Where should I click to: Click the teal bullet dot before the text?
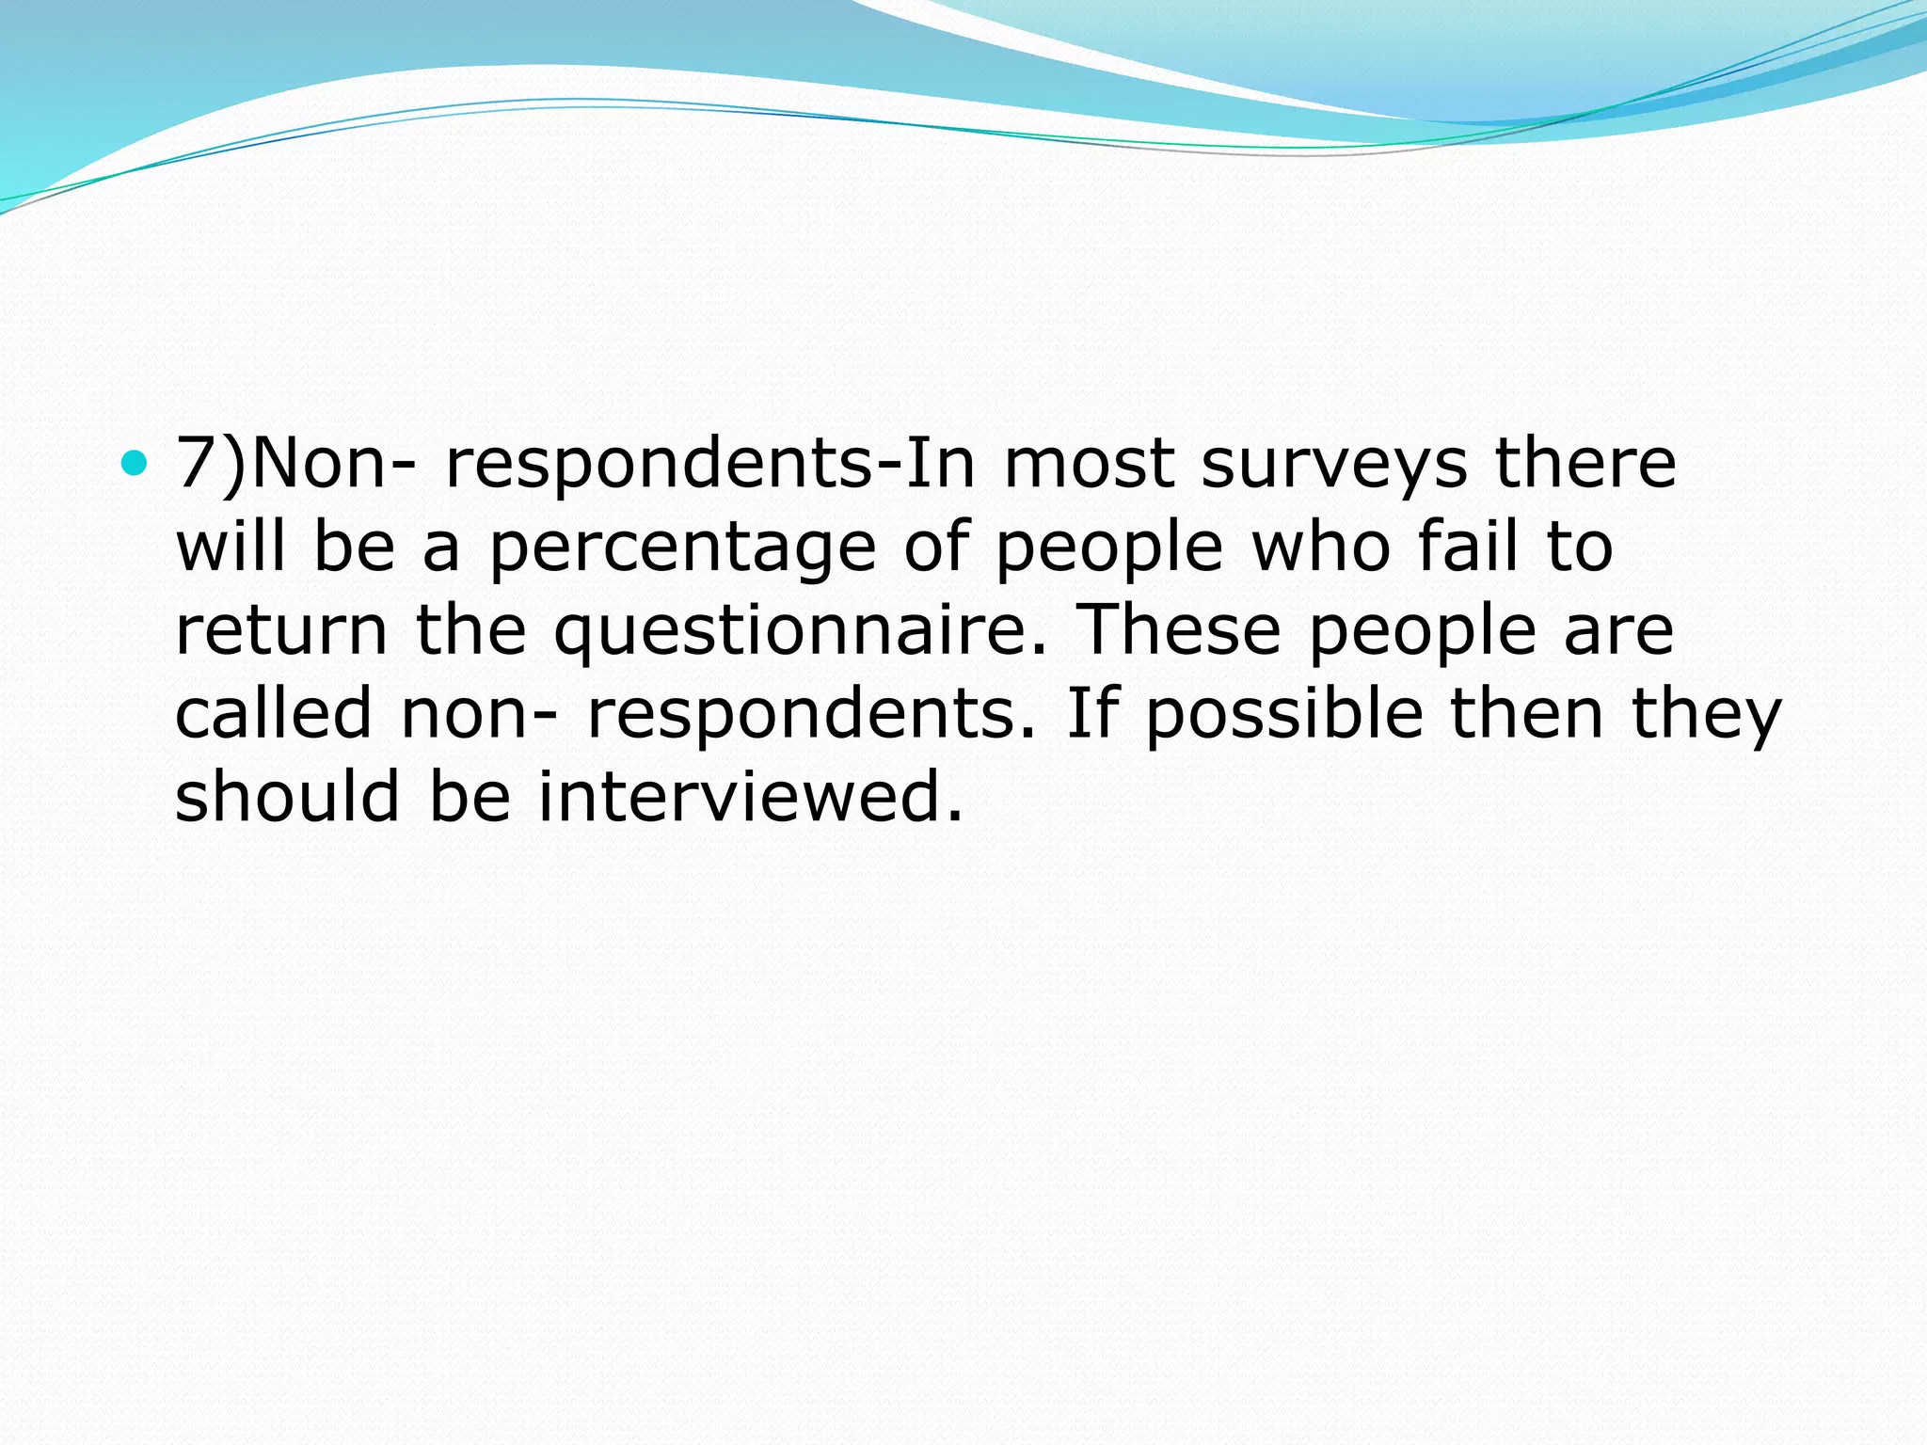pyautogui.click(x=135, y=462)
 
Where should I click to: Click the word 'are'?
pyautogui.click(x=1618, y=630)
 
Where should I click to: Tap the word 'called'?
pyautogui.click(x=274, y=712)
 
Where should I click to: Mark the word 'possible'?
pyautogui.click(x=1283, y=714)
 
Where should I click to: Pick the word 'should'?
pyautogui.click(x=288, y=796)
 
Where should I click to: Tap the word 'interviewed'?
pyautogui.click(x=749, y=796)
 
